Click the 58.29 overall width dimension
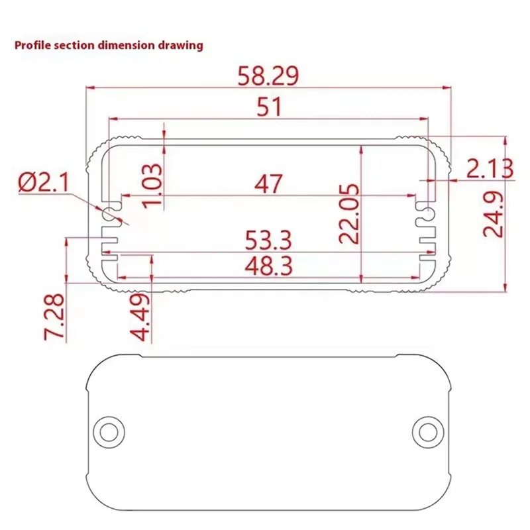(x=268, y=76)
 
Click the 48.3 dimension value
(x=268, y=266)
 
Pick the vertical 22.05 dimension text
(x=350, y=213)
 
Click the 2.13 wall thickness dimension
(x=489, y=169)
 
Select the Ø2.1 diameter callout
(x=44, y=182)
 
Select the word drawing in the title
(x=185, y=46)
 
